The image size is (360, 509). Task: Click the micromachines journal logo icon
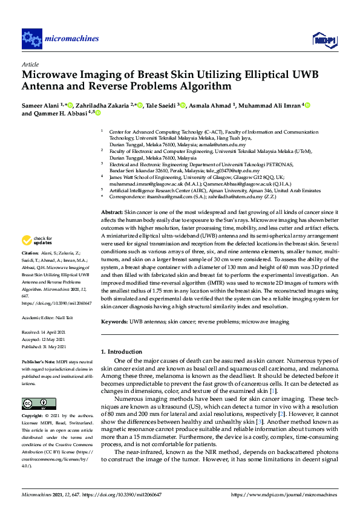[31, 39]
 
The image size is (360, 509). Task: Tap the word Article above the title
[30, 63]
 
